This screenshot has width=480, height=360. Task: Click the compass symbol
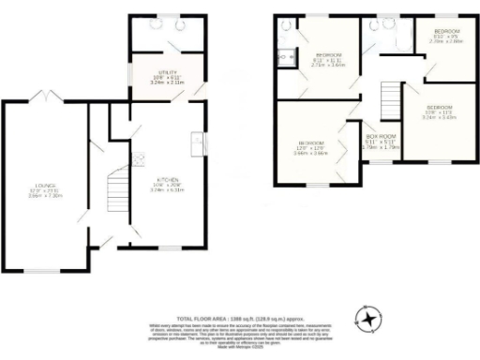(372, 321)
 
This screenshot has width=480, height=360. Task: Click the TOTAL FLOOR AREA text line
(239, 319)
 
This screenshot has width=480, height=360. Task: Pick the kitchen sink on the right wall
(199, 142)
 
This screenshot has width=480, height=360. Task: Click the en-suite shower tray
(285, 56)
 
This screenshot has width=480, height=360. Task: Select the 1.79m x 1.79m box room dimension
(380, 146)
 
